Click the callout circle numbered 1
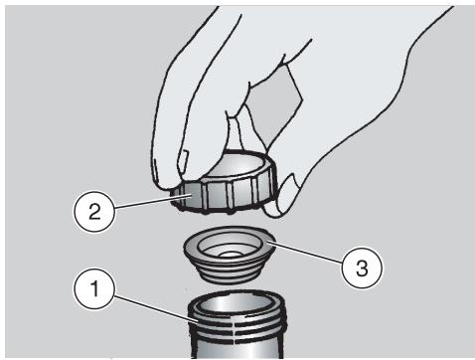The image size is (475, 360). point(94,288)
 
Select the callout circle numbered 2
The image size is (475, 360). point(94,211)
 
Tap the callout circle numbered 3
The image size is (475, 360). point(362,268)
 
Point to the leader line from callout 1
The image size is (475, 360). point(156,309)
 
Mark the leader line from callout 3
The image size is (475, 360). point(305,253)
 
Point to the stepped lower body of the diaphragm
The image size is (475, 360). point(229,271)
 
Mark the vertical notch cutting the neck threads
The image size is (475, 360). point(235,331)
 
